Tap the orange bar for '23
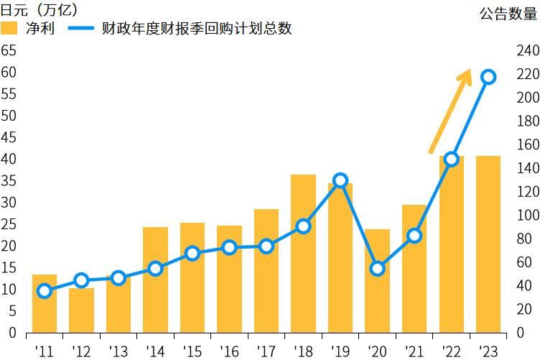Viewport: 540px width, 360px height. [488, 244]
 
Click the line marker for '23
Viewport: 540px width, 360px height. [488, 78]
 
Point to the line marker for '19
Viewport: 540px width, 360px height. [340, 180]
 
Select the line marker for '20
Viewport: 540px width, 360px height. [377, 269]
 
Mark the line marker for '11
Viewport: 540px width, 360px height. [45, 291]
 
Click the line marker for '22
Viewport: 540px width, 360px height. [451, 160]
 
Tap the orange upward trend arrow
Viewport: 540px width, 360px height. [450, 111]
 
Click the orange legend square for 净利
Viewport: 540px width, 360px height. [9, 28]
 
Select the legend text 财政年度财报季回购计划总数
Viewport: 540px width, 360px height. [197, 28]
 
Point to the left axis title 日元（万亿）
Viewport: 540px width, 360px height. [39, 10]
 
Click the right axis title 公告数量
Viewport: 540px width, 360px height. [508, 12]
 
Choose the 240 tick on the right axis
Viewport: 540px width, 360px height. [527, 50]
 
